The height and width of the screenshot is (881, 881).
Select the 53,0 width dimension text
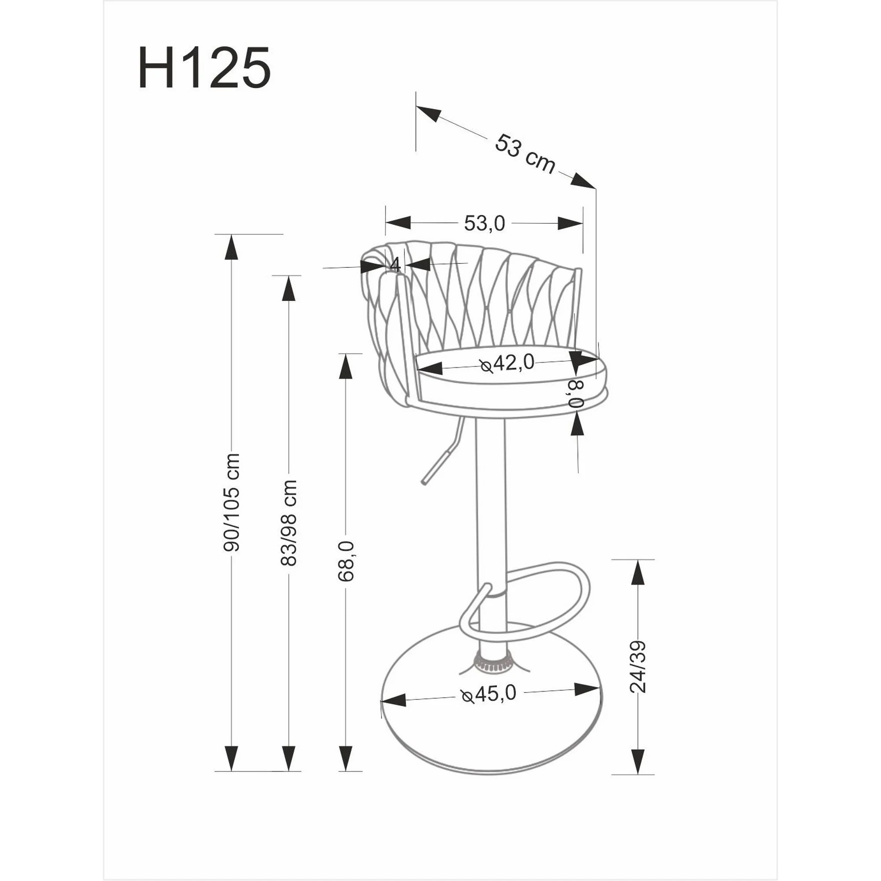(x=484, y=223)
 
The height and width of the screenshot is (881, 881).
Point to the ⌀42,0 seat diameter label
(x=507, y=363)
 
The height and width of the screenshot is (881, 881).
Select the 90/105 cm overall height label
(x=233, y=502)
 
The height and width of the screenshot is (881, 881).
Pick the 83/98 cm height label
(x=289, y=522)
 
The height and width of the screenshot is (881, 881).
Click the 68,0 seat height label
(x=346, y=561)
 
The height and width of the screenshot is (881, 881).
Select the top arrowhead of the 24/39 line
(x=638, y=572)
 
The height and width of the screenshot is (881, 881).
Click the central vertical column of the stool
(x=490, y=502)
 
